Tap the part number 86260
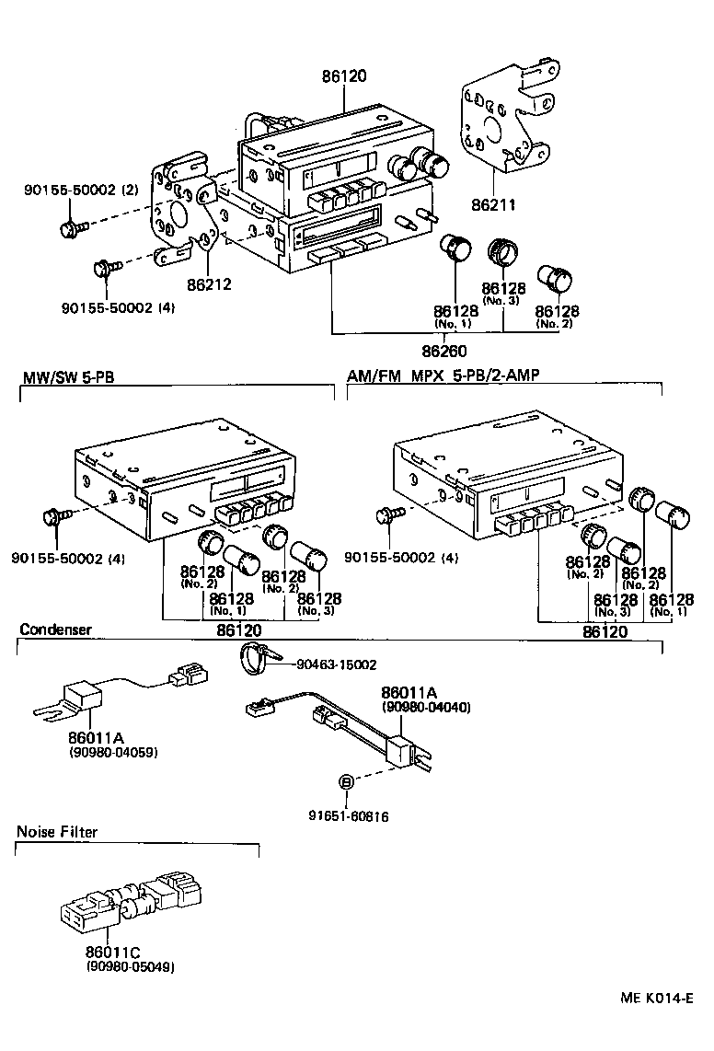(x=445, y=351)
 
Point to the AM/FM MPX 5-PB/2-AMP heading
(x=443, y=376)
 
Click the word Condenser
(x=56, y=630)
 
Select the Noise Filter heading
(x=57, y=832)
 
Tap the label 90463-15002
(x=337, y=664)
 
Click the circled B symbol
(x=346, y=782)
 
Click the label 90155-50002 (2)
(x=81, y=190)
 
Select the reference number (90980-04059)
(x=113, y=752)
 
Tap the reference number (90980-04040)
(x=426, y=708)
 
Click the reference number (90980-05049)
(x=130, y=967)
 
